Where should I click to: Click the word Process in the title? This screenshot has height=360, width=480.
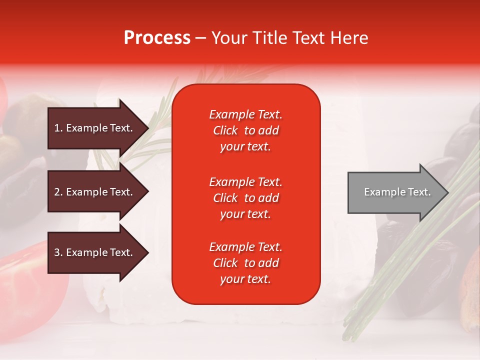point(157,38)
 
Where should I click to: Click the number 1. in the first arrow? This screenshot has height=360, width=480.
point(58,128)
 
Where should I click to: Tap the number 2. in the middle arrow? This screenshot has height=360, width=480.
point(58,192)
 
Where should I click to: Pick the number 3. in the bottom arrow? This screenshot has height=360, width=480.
point(58,252)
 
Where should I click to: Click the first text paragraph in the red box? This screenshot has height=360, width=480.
point(245,130)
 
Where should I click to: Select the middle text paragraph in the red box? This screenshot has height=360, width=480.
point(245,198)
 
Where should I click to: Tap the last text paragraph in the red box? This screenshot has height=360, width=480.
point(245,263)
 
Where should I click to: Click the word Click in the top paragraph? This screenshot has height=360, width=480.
point(225,130)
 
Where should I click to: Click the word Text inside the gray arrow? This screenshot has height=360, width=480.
point(419,192)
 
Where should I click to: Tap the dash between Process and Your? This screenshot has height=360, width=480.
point(201,38)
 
